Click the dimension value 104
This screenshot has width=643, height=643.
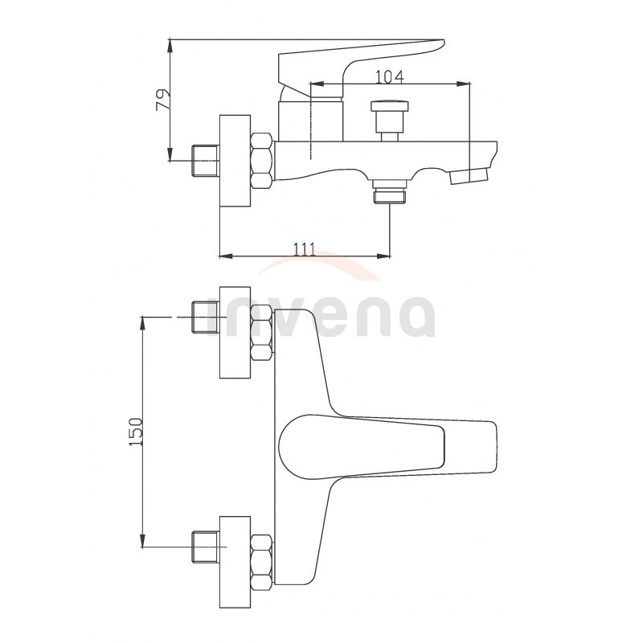pyautogui.click(x=390, y=76)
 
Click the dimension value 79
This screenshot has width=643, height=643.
pyautogui.click(x=163, y=99)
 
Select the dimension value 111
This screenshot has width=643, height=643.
pyautogui.click(x=305, y=249)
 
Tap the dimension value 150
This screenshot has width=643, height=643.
pyautogui.click(x=135, y=432)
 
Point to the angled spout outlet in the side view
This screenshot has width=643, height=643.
pyautogui.click(x=469, y=176)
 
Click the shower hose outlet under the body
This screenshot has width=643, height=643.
pyautogui.click(x=390, y=192)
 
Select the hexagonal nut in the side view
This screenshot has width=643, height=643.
pyautogui.click(x=261, y=162)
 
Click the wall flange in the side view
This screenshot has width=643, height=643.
pyautogui.click(x=235, y=162)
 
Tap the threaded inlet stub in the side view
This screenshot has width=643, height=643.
pyautogui.click(x=206, y=161)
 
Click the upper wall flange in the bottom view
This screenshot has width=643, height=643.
pyautogui.click(x=235, y=332)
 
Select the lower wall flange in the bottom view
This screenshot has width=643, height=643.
pyautogui.click(x=235, y=562)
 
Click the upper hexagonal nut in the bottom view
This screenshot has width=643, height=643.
pyautogui.click(x=261, y=333)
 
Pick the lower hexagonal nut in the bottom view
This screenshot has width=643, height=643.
pyautogui.click(x=261, y=563)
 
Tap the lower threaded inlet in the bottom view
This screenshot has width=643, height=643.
pyautogui.click(x=206, y=547)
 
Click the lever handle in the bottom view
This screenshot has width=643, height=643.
pyautogui.click(x=387, y=448)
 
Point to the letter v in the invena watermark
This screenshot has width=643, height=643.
pyautogui.click(x=297, y=317)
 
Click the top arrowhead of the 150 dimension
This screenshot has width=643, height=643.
pyautogui.click(x=143, y=323)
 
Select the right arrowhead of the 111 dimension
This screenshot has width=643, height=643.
pyautogui.click(x=383, y=256)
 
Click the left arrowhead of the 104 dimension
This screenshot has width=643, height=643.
pyautogui.click(x=317, y=84)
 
